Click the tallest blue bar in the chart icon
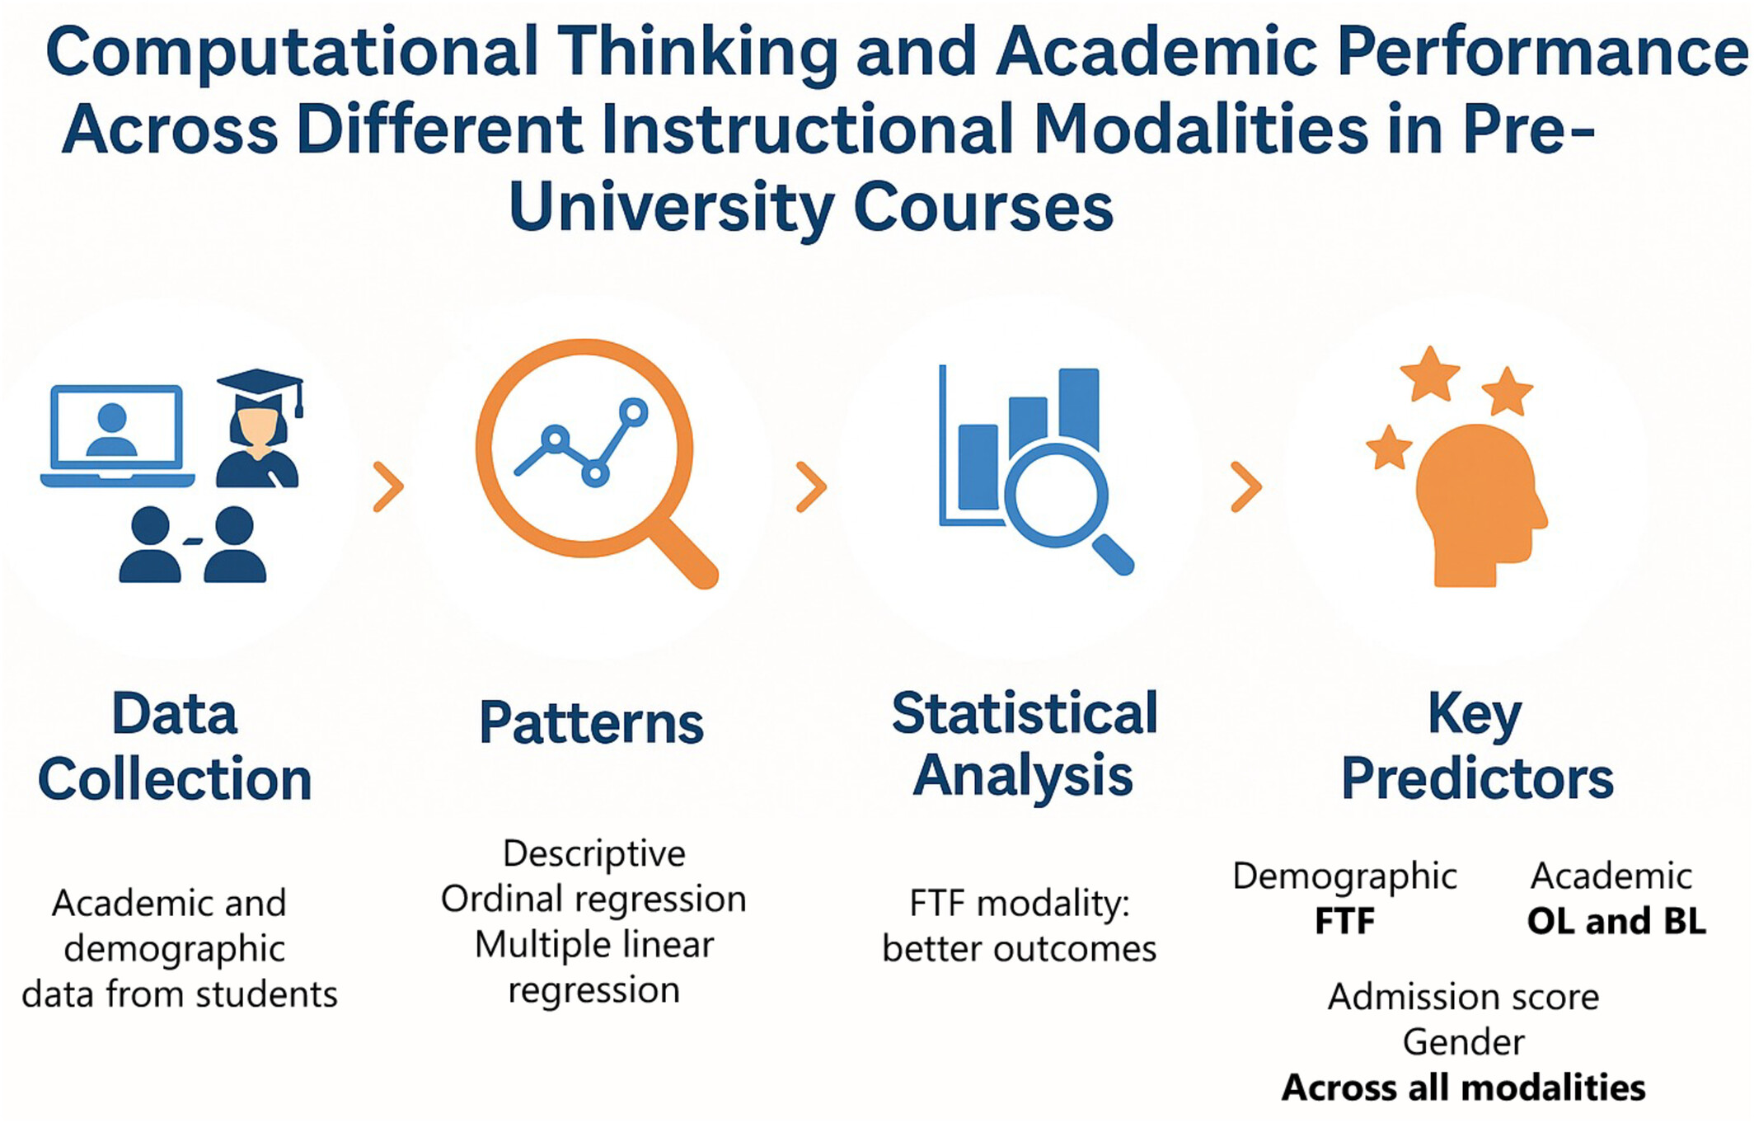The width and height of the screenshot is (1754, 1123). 1078,408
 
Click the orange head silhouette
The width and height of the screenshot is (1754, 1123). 1481,505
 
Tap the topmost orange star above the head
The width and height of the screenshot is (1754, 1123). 1429,374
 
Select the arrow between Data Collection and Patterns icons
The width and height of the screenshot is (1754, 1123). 388,487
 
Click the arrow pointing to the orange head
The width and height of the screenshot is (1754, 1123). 1246,487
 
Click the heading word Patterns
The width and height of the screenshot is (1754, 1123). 591,723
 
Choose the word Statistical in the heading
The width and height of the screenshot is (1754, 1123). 1025,713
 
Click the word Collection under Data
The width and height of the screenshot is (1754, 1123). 175,779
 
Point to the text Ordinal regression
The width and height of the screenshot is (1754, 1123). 593,899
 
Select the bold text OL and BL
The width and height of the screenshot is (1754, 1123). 1616,921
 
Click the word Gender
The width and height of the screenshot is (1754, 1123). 1463,1043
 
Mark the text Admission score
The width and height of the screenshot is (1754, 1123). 1463,997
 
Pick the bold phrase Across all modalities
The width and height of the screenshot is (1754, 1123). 1463,1088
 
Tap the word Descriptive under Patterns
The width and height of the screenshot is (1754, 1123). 593,853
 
